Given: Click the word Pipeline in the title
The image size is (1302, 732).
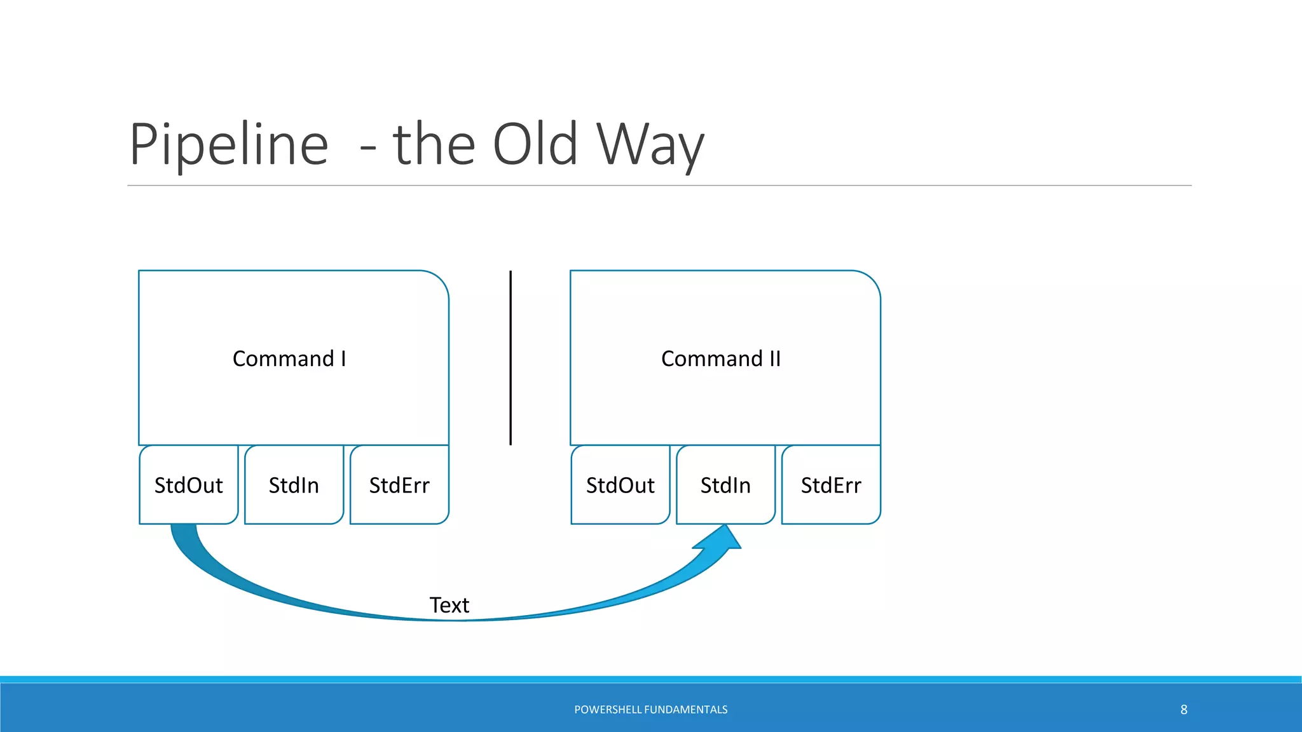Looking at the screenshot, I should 229,145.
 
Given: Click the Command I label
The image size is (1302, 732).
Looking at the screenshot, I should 289,359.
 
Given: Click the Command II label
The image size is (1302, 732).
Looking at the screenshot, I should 721,359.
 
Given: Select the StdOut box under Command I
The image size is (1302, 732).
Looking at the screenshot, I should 189,485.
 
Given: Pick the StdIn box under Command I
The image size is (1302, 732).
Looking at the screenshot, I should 294,485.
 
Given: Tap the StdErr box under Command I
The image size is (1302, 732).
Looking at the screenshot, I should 399,485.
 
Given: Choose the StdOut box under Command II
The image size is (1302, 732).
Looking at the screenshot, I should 620,485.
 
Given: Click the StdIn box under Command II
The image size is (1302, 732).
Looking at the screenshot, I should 725,485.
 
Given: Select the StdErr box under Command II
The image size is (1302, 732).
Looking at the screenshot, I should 831,485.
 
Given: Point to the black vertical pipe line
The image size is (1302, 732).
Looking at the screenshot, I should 511,358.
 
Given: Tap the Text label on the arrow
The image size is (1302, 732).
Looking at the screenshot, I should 449,605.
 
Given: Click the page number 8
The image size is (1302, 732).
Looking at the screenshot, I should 1184,710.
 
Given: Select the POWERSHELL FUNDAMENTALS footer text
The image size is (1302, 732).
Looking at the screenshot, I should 650,710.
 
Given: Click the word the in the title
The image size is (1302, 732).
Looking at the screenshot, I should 434,145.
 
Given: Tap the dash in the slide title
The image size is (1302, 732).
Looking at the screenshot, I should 368,150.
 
